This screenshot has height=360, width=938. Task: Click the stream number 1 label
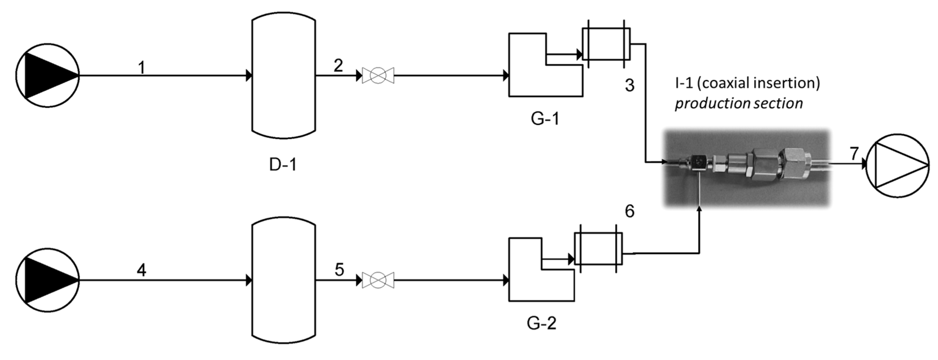pos(142,68)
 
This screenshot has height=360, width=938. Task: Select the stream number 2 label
pos(338,66)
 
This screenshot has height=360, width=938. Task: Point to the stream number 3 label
pos(630,85)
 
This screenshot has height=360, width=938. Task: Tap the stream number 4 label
pos(142,270)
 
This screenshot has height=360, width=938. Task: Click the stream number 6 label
pos(630,212)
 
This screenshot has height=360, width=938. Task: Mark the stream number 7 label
pos(855,153)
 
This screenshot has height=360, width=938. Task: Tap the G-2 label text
pos(542,323)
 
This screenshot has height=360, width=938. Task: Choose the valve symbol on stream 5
pos(378,280)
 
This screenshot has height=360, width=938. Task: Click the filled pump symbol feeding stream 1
pos(48,76)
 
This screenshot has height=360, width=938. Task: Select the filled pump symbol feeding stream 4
pos(48,280)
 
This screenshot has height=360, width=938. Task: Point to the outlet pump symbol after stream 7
pos(897,166)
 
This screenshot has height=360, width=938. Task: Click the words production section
pos(739,104)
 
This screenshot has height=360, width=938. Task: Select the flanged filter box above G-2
pos(598,249)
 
